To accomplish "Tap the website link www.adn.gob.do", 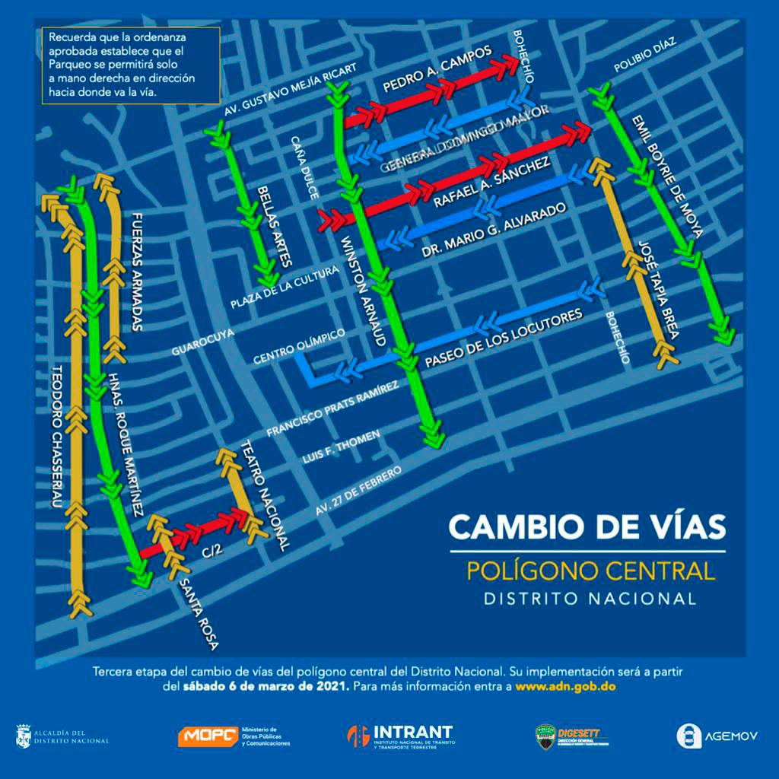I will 564,685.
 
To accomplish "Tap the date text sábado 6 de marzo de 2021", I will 264,685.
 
